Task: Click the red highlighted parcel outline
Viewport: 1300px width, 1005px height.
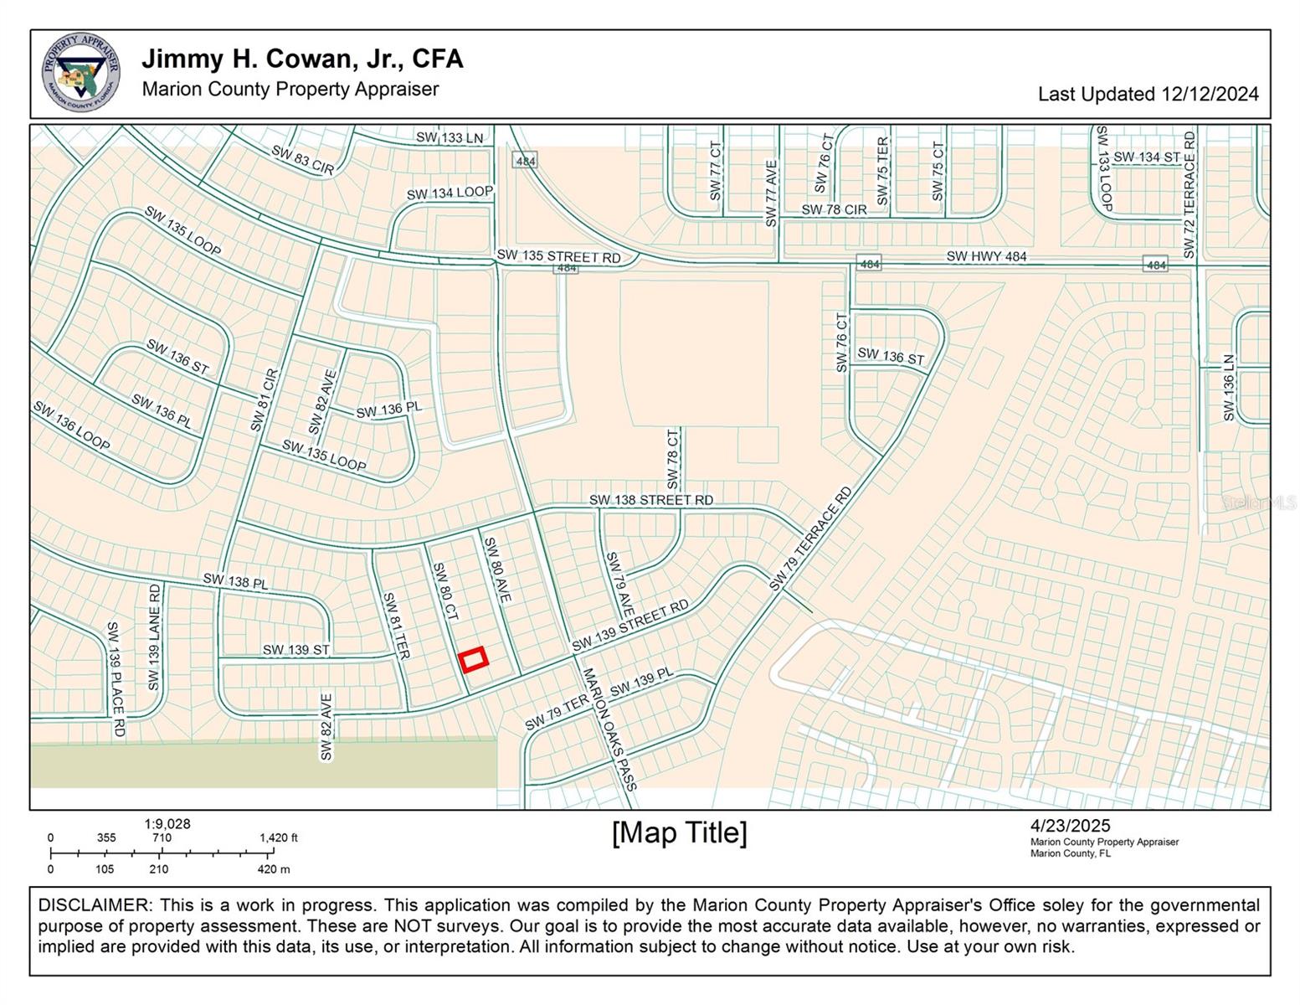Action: coord(474,659)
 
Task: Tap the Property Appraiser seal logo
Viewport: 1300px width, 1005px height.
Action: coord(81,72)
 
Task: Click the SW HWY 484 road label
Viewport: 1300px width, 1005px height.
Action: coord(986,256)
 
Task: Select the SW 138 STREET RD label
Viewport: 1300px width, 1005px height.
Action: coord(651,500)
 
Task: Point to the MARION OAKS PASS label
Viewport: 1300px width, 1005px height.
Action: coord(609,728)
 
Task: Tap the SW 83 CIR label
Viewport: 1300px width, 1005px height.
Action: coord(302,160)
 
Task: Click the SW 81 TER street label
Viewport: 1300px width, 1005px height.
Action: coord(396,626)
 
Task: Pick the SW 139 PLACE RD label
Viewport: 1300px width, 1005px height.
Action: coord(116,679)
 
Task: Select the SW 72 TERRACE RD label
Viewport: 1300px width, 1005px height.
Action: coord(1190,195)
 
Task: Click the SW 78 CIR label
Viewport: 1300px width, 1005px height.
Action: coord(834,209)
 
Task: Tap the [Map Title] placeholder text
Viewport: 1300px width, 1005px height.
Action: coord(680,833)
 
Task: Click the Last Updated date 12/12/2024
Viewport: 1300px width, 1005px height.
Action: coord(1148,94)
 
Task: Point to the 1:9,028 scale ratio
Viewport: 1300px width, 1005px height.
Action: coord(167,824)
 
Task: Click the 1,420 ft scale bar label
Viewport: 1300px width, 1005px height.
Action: coord(279,837)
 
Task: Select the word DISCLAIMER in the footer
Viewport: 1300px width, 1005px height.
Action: coord(92,905)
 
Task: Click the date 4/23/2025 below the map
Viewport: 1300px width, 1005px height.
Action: coord(1071,827)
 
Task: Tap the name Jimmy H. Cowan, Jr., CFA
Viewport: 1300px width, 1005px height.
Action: coord(302,59)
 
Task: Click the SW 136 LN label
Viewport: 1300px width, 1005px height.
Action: coord(1228,388)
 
